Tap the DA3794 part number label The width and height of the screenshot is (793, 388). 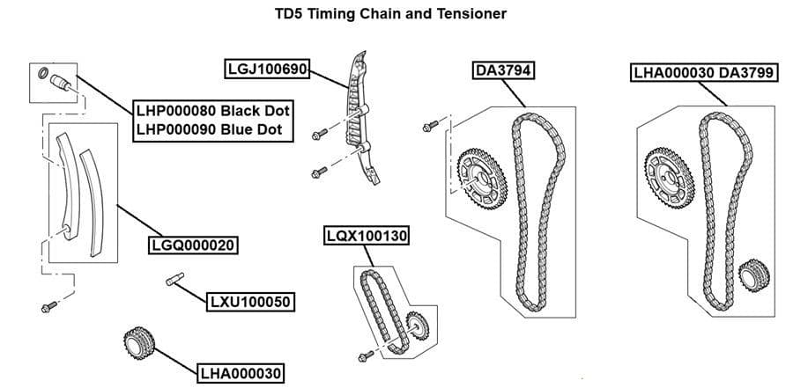pos(502,70)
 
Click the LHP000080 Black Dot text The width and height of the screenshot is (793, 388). pos(212,111)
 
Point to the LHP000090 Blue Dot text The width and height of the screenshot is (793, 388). pos(209,129)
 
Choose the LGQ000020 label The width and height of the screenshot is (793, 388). pos(195,245)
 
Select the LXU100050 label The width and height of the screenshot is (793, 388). pos(250,303)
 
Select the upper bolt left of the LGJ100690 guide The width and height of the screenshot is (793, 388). pos(320,133)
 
